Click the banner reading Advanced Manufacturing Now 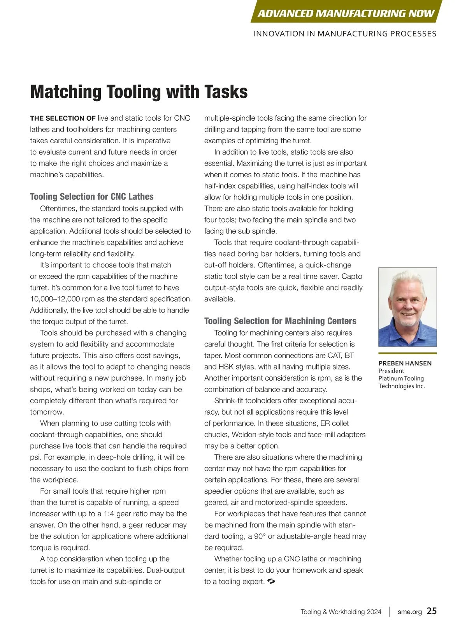(346, 13)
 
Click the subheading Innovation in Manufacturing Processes (345, 34)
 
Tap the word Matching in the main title (66, 92)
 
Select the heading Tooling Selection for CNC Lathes (92, 197)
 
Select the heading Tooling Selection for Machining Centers (280, 321)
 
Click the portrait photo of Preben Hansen (407, 307)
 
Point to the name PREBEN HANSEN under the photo (405, 363)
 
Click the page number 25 (432, 611)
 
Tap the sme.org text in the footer (409, 612)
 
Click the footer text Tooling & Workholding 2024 (341, 612)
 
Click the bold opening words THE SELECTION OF (63, 118)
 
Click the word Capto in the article (352, 276)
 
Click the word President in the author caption (391, 371)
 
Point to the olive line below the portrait (407, 353)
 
